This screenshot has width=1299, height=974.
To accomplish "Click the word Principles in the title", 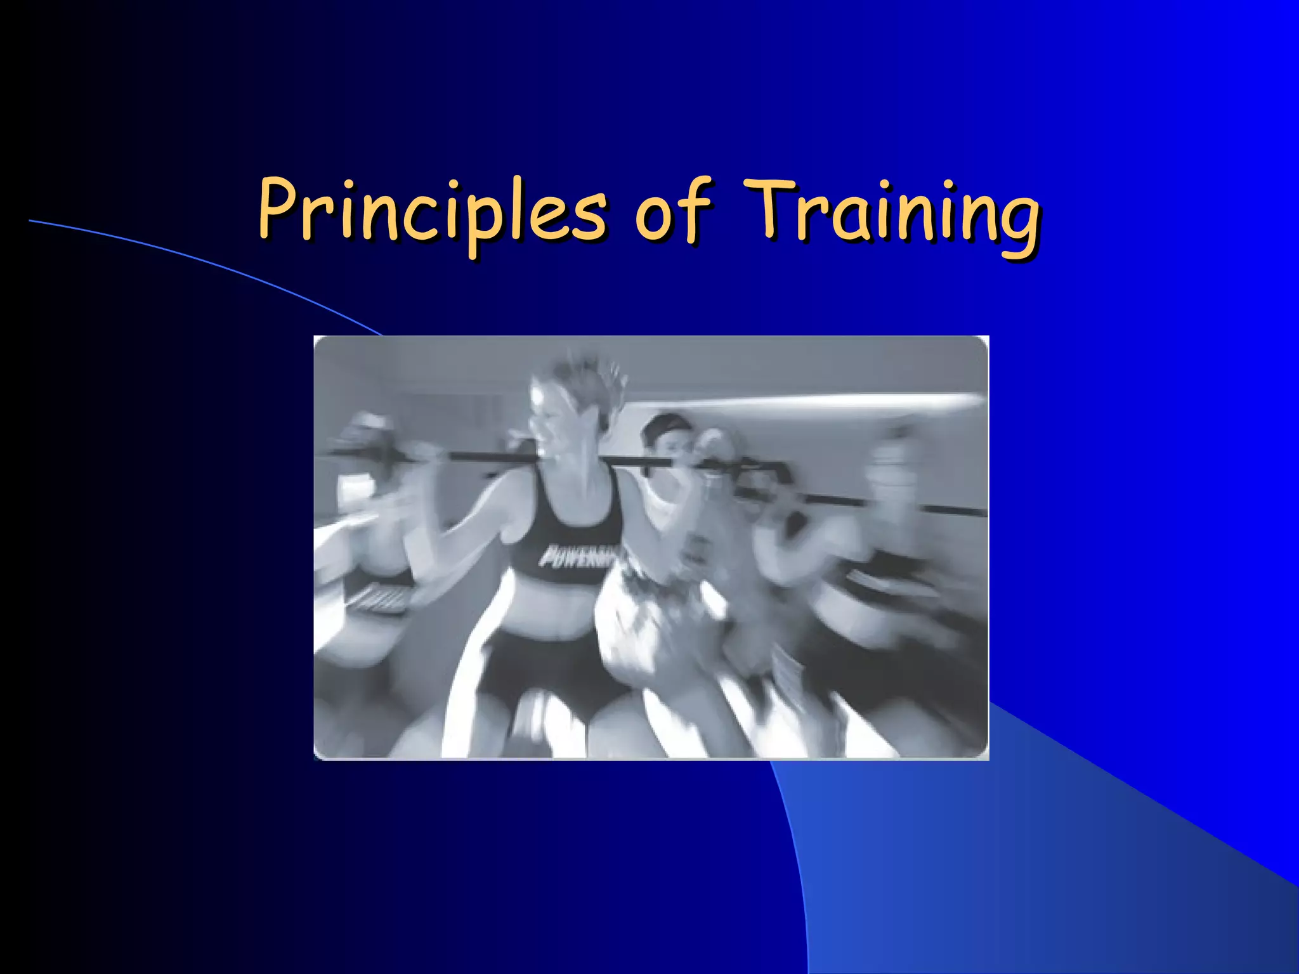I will click(x=431, y=212).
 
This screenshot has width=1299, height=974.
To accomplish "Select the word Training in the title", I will click(x=891, y=212).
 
